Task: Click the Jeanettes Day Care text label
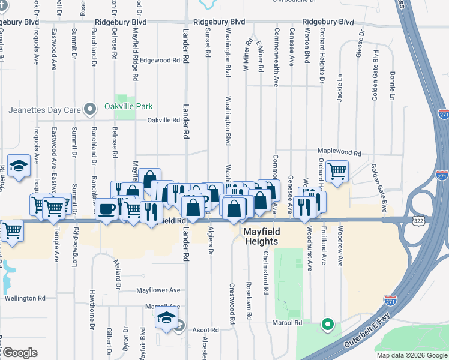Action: click(44, 110)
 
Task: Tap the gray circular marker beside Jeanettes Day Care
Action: click(90, 109)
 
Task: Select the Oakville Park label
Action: click(137, 107)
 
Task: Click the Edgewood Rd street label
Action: click(160, 61)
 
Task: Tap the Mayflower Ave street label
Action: click(158, 290)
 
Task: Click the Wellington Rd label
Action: click(25, 298)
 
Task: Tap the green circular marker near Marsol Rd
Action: click(327, 325)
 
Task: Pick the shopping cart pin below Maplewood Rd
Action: click(337, 172)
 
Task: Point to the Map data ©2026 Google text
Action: click(412, 355)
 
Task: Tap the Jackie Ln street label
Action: click(340, 88)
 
